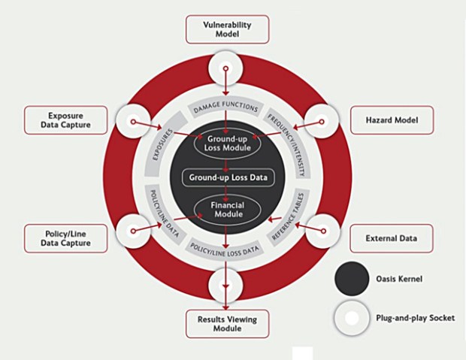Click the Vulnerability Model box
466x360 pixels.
click(x=227, y=30)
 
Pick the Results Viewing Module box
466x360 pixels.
click(x=227, y=324)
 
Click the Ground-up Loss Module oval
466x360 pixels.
click(x=227, y=143)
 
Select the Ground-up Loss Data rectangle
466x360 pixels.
click(x=227, y=177)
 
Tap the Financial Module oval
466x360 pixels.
click(x=227, y=208)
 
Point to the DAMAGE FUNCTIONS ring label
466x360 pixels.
click(x=226, y=108)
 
